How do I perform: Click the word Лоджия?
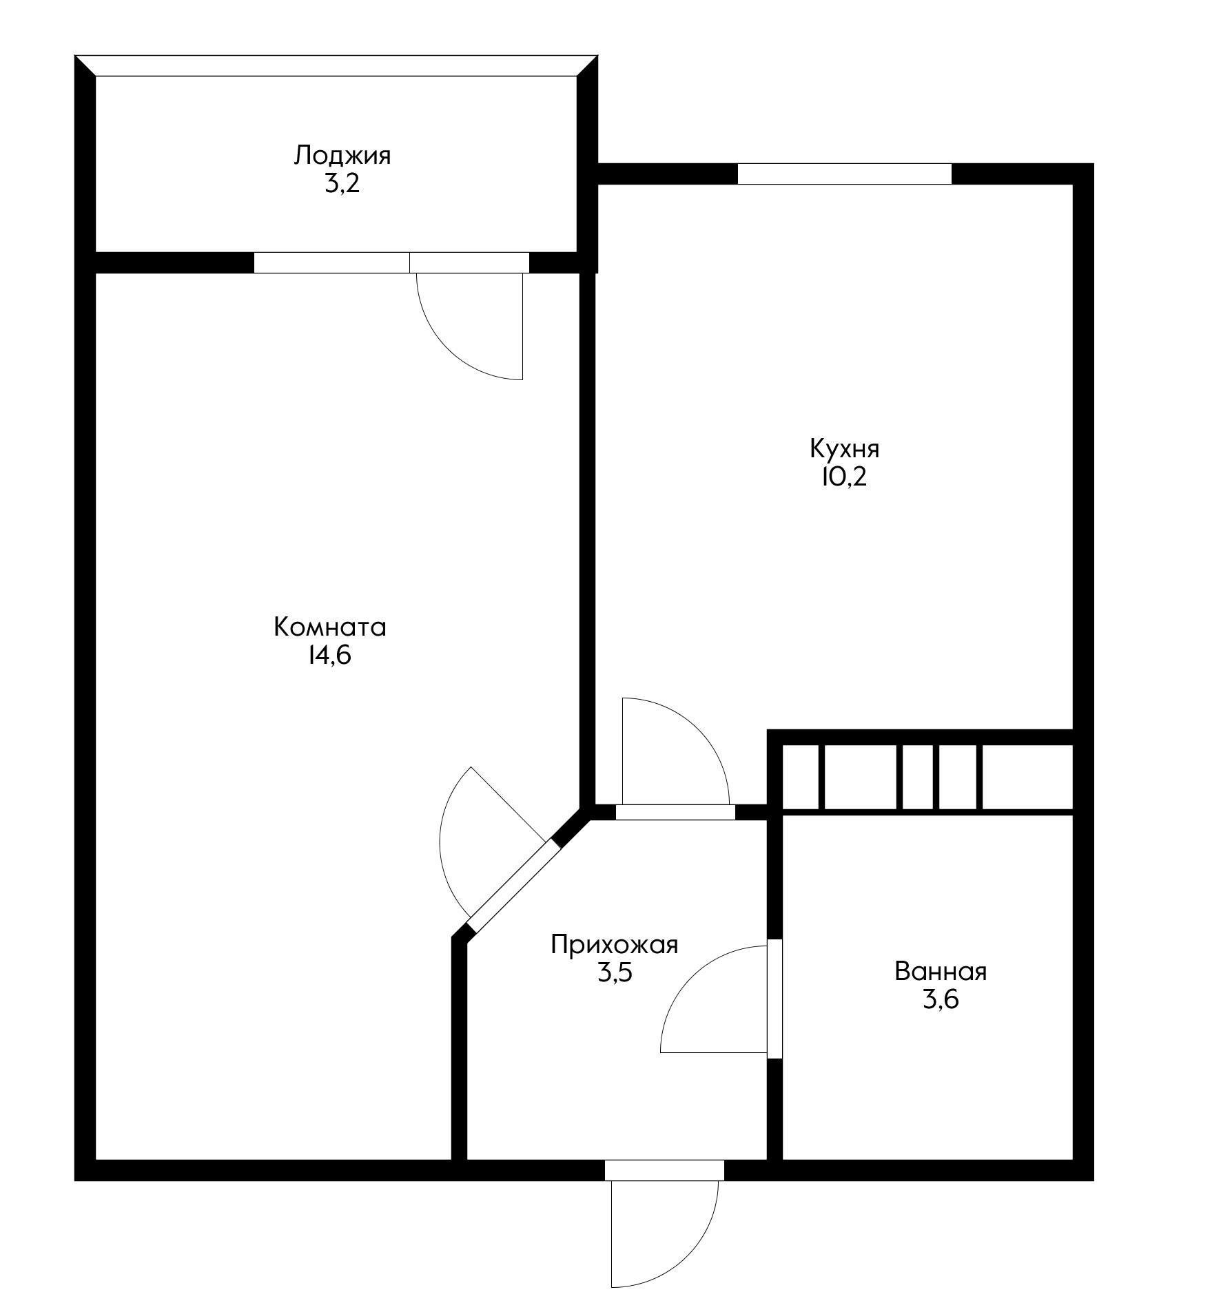tap(342, 156)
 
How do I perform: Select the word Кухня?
tap(845, 450)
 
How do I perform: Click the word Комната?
tap(330, 627)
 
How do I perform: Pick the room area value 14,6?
tap(329, 656)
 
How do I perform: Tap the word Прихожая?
tap(615, 945)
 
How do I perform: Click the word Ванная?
tap(941, 972)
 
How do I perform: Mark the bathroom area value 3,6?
tap(941, 1000)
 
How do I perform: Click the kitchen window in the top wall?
tap(845, 174)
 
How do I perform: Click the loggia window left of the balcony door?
tap(332, 263)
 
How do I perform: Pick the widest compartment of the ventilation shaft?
tap(1027, 777)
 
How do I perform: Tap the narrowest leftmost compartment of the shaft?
tap(800, 777)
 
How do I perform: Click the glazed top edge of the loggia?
tap(336, 66)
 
